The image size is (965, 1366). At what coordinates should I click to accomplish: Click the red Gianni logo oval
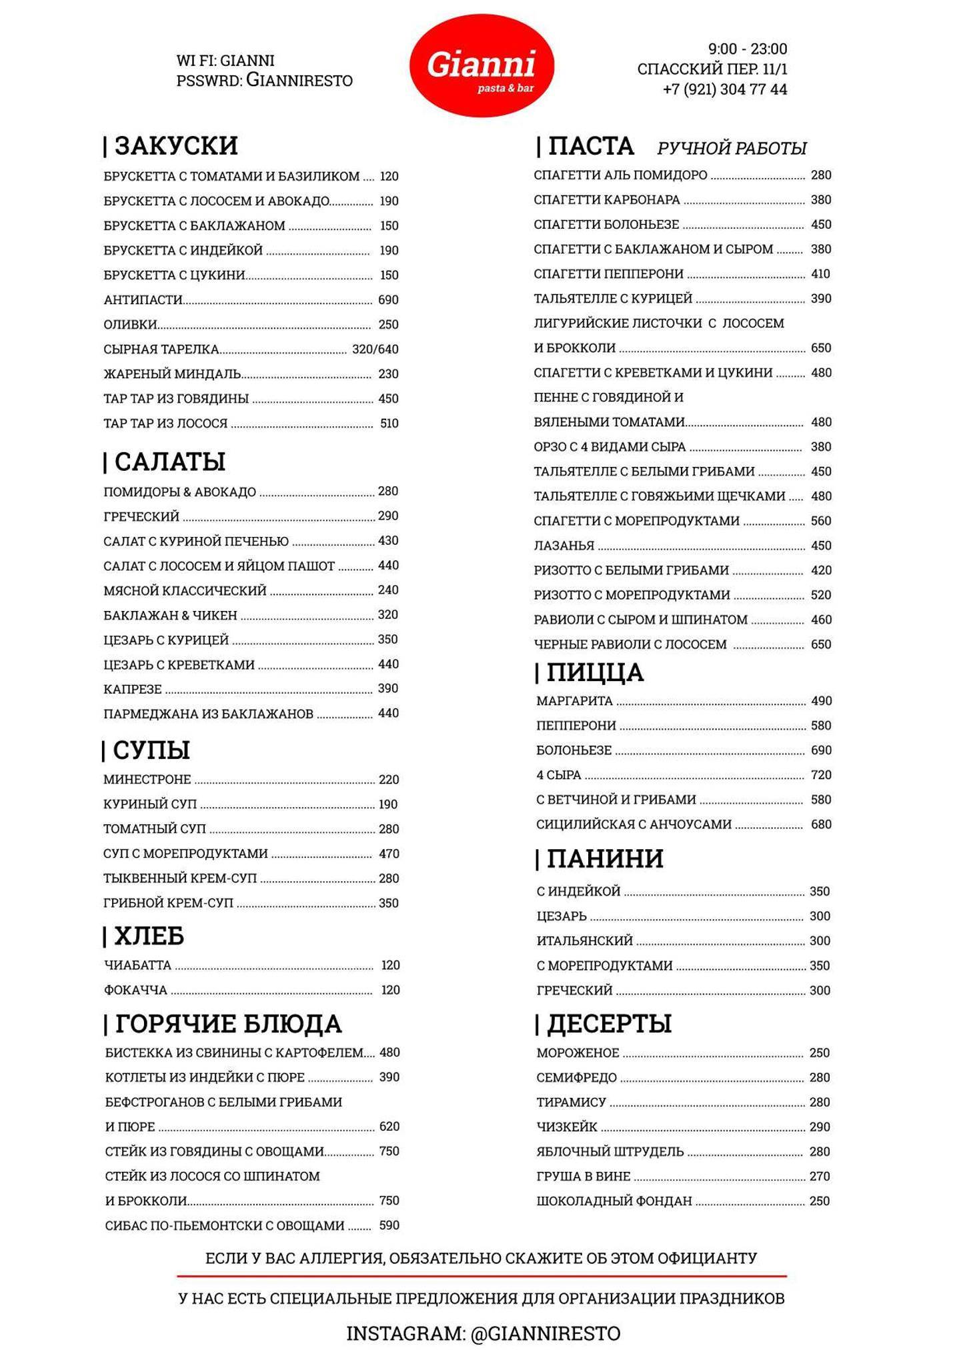click(x=481, y=65)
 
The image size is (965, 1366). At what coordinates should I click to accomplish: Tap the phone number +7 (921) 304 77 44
click(x=725, y=89)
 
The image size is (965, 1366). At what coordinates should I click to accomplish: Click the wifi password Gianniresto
click(x=299, y=81)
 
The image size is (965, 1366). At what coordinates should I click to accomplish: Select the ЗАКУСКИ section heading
click(x=175, y=146)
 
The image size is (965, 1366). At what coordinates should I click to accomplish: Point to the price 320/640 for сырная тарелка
click(x=375, y=349)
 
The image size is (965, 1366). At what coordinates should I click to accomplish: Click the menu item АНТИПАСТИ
click(x=143, y=300)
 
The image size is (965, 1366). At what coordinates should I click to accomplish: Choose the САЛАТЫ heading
click(x=169, y=462)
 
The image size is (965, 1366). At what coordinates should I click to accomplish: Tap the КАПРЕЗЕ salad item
click(x=133, y=689)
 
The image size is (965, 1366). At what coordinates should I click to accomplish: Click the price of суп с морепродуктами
click(x=389, y=854)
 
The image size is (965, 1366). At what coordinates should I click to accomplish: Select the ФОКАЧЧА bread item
click(x=135, y=990)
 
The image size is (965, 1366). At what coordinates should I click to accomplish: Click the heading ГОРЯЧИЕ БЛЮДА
click(x=228, y=1024)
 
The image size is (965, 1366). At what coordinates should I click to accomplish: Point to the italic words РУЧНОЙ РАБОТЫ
click(x=732, y=148)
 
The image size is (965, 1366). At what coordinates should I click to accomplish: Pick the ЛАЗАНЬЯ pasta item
click(x=564, y=546)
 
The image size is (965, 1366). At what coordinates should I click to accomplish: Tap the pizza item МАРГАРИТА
click(x=574, y=701)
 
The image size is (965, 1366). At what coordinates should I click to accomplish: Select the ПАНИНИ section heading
click(x=604, y=859)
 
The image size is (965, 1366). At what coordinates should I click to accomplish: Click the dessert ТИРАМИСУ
click(x=571, y=1103)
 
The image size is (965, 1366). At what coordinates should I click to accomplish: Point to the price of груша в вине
click(x=820, y=1177)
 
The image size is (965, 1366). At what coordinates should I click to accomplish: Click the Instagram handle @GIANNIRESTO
click(x=545, y=1334)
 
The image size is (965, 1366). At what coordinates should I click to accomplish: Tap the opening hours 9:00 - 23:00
click(x=747, y=49)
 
